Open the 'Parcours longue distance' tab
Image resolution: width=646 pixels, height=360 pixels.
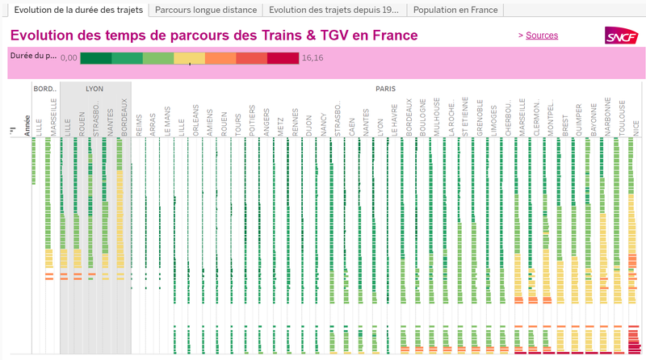pyautogui.click(x=206, y=10)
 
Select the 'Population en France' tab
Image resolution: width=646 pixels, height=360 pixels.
pyautogui.click(x=455, y=10)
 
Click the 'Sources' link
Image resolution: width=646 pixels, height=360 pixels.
pyautogui.click(x=542, y=36)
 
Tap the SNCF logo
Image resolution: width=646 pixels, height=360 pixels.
pyautogui.click(x=621, y=36)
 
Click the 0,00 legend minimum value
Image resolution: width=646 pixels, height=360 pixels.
pyautogui.click(x=69, y=58)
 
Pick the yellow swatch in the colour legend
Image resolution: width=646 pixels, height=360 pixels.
pyautogui.click(x=190, y=58)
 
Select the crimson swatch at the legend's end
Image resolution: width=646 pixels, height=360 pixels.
pyautogui.click(x=283, y=58)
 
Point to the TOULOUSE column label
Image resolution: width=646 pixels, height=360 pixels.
pyautogui.click(x=622, y=117)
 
